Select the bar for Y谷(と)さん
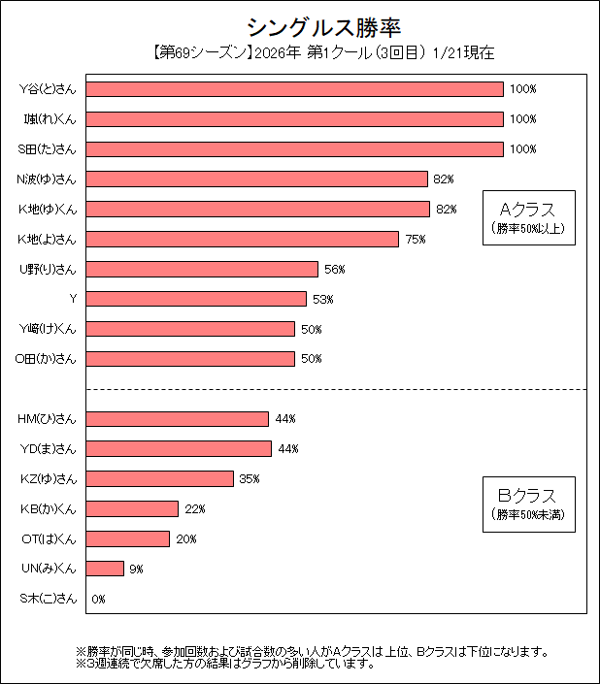[295, 89]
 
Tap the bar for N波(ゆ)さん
[257, 179]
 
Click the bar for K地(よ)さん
[243, 239]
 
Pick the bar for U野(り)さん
[202, 269]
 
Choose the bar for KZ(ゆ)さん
[160, 478]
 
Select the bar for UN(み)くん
[105, 569]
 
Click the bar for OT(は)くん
[128, 538]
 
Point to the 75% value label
[416, 240]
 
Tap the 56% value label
[335, 270]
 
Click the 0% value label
[98, 600]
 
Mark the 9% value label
[135, 570]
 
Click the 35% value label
[250, 479]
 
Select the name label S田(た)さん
[47, 149]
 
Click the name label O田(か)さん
[46, 359]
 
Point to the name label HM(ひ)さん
[47, 419]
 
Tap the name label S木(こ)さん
[48, 599]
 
